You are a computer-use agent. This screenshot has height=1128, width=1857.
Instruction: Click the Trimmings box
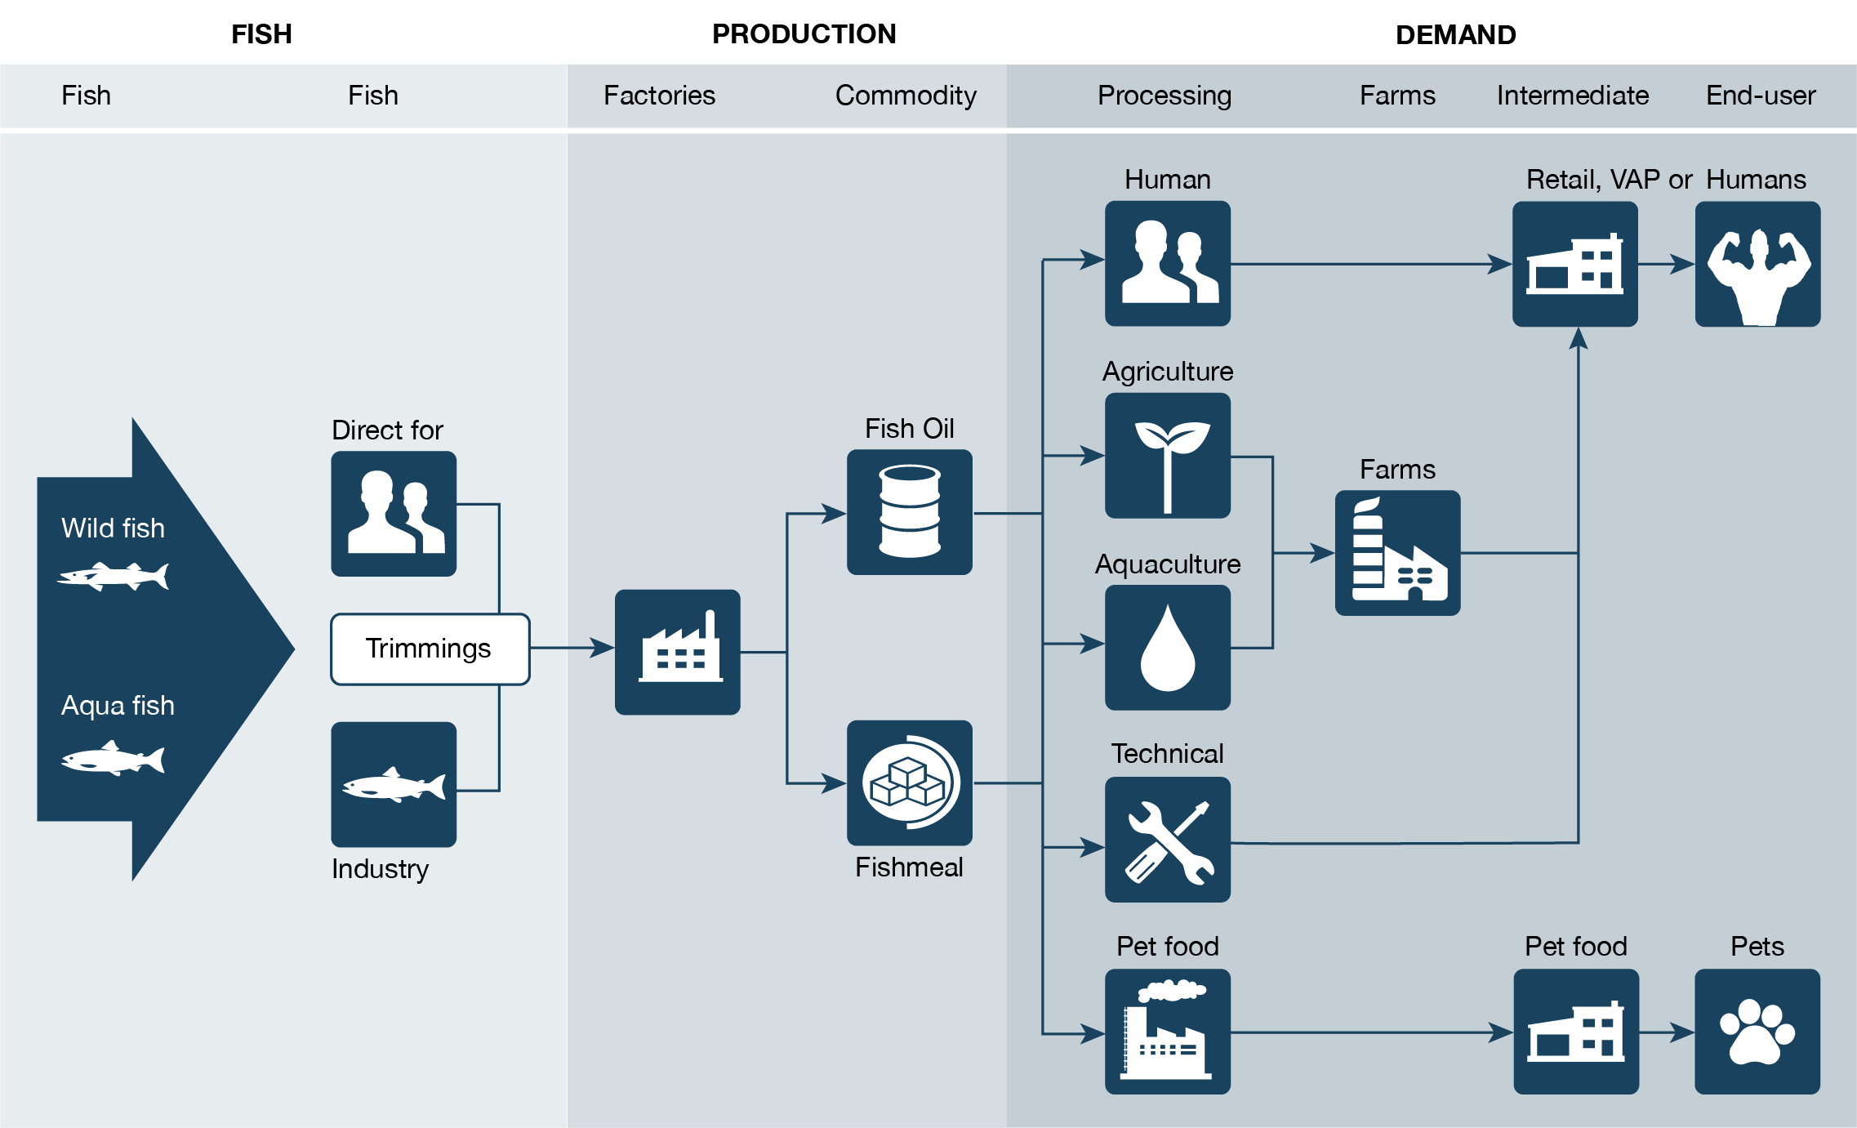[430, 649]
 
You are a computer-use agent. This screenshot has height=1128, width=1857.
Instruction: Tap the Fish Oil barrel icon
[909, 512]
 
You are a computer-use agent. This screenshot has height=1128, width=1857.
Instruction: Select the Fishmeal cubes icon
[909, 782]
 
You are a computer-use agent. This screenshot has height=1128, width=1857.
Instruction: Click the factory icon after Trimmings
[677, 652]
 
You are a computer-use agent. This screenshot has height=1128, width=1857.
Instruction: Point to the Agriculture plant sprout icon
[1167, 456]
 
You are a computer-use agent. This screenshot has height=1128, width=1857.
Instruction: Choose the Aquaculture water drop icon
[1167, 648]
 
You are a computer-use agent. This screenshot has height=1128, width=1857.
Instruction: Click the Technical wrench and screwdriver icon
[1167, 840]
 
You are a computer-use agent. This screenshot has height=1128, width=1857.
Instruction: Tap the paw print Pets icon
[1757, 1032]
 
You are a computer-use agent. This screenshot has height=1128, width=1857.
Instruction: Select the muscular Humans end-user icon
[1757, 264]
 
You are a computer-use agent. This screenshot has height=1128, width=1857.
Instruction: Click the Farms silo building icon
[1397, 553]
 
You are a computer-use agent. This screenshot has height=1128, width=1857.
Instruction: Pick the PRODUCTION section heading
[804, 34]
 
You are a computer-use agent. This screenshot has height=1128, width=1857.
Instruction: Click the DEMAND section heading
[1455, 35]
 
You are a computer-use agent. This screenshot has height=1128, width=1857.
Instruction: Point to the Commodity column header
[906, 96]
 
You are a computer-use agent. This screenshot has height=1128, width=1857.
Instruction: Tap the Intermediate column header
[1572, 96]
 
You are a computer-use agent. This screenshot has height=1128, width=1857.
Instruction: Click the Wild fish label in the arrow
[113, 528]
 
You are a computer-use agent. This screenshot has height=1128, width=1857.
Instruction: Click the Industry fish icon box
[394, 784]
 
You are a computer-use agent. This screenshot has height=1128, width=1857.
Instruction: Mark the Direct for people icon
[394, 514]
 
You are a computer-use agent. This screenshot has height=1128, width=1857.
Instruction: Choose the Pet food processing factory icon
[1167, 1032]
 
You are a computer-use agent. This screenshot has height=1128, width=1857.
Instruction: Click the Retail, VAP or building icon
[1574, 264]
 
